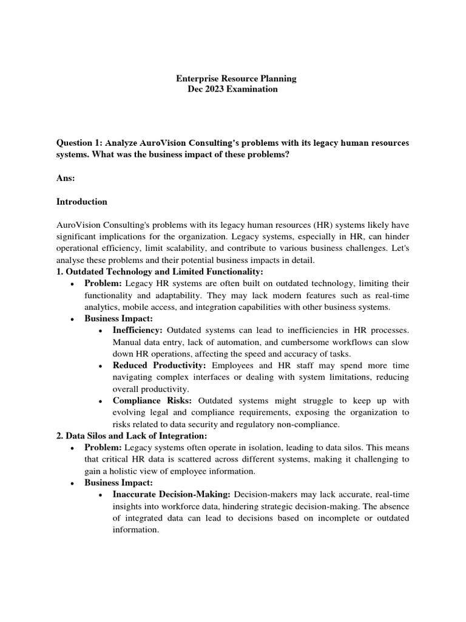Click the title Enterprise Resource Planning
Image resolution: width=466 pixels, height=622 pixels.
pyautogui.click(x=236, y=78)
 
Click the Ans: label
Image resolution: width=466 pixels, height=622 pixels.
pyautogui.click(x=66, y=178)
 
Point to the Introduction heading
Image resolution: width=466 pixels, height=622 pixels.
pyautogui.click(x=82, y=202)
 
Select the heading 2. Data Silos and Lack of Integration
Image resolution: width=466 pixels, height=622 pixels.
pyautogui.click(x=132, y=436)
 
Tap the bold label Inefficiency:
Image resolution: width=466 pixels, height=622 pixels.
pyautogui.click(x=137, y=330)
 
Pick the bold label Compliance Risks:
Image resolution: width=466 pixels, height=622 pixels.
pyautogui.click(x=153, y=401)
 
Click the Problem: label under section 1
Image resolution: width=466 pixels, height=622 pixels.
pyautogui.click(x=103, y=284)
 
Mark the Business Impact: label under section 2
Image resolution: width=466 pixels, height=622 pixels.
pyautogui.click(x=118, y=483)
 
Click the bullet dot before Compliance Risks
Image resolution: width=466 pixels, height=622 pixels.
pyautogui.click(x=100, y=402)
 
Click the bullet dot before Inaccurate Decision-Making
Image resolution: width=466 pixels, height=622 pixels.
pyautogui.click(x=100, y=495)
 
